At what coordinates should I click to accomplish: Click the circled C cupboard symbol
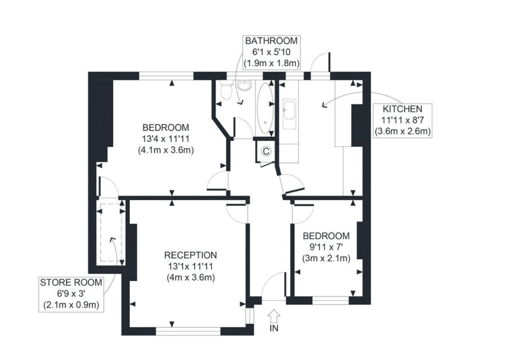(266, 151)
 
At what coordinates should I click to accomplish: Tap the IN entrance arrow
(274, 316)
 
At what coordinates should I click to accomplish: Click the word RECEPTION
(191, 255)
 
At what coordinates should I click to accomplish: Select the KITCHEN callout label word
(402, 109)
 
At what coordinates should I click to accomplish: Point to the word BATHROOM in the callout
(271, 41)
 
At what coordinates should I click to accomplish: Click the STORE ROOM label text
(71, 282)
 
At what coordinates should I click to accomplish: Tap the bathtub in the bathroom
(265, 108)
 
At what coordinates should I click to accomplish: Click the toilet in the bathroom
(226, 91)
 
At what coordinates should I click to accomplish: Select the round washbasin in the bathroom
(245, 86)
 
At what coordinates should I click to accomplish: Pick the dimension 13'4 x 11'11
(166, 139)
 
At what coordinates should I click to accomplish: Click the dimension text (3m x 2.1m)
(326, 258)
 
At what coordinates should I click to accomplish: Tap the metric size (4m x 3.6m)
(191, 277)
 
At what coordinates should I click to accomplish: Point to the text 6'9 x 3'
(71, 294)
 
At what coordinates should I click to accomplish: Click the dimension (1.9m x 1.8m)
(272, 63)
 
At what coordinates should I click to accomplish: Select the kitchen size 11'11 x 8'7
(402, 120)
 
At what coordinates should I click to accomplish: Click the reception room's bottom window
(188, 331)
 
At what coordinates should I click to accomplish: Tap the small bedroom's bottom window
(331, 301)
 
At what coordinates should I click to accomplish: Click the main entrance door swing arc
(270, 280)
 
